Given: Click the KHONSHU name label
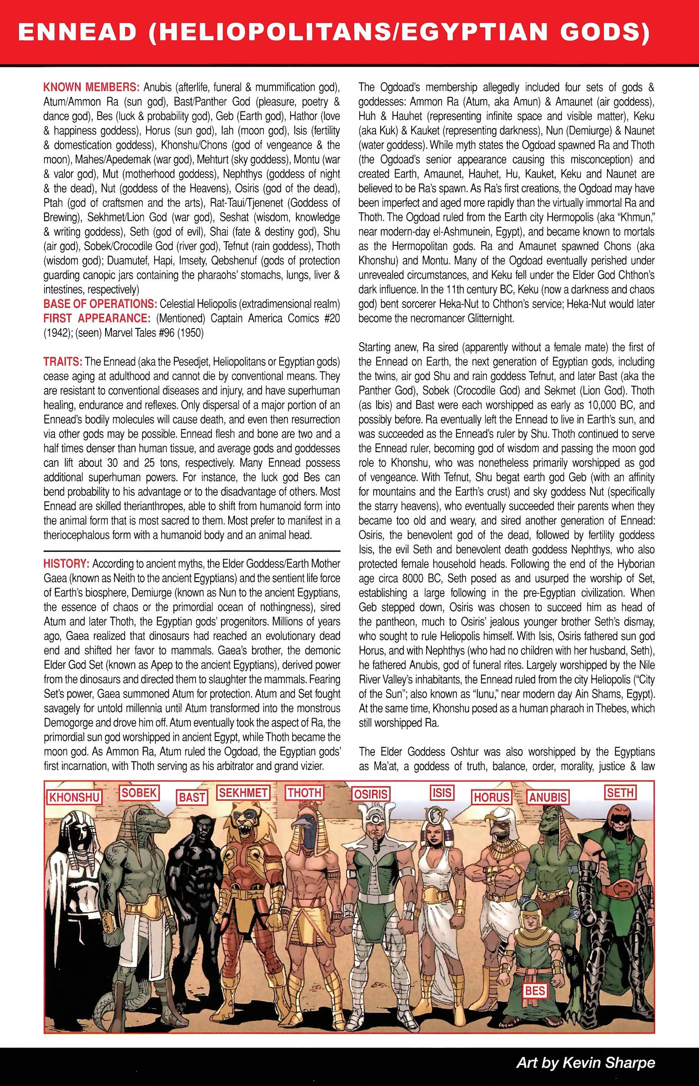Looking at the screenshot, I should [75, 797].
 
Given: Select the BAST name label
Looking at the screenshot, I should [192, 797].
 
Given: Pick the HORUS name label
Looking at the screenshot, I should [492, 797].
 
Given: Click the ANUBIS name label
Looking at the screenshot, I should [548, 797].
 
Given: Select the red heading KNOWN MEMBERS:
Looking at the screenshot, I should [92, 87].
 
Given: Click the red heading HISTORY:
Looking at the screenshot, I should [66, 563].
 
